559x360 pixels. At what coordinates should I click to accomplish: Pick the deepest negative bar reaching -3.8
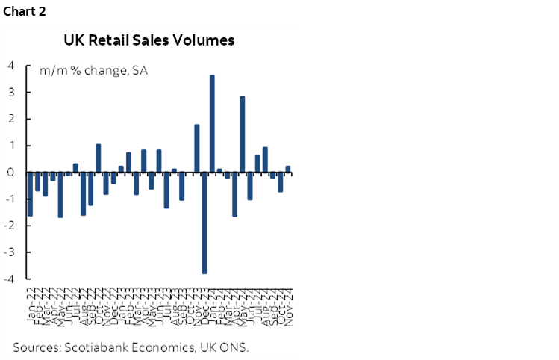[x=204, y=223]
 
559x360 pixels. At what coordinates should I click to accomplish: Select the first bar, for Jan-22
[x=30, y=193]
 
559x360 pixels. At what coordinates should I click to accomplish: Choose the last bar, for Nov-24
[x=288, y=169]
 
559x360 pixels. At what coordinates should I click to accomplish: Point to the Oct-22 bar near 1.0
[x=98, y=158]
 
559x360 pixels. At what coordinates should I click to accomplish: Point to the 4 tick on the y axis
[x=12, y=65]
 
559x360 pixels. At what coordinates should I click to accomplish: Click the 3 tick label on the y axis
[x=12, y=92]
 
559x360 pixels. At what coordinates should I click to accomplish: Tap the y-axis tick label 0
[x=12, y=172]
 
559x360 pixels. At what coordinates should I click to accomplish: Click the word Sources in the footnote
[x=37, y=347]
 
